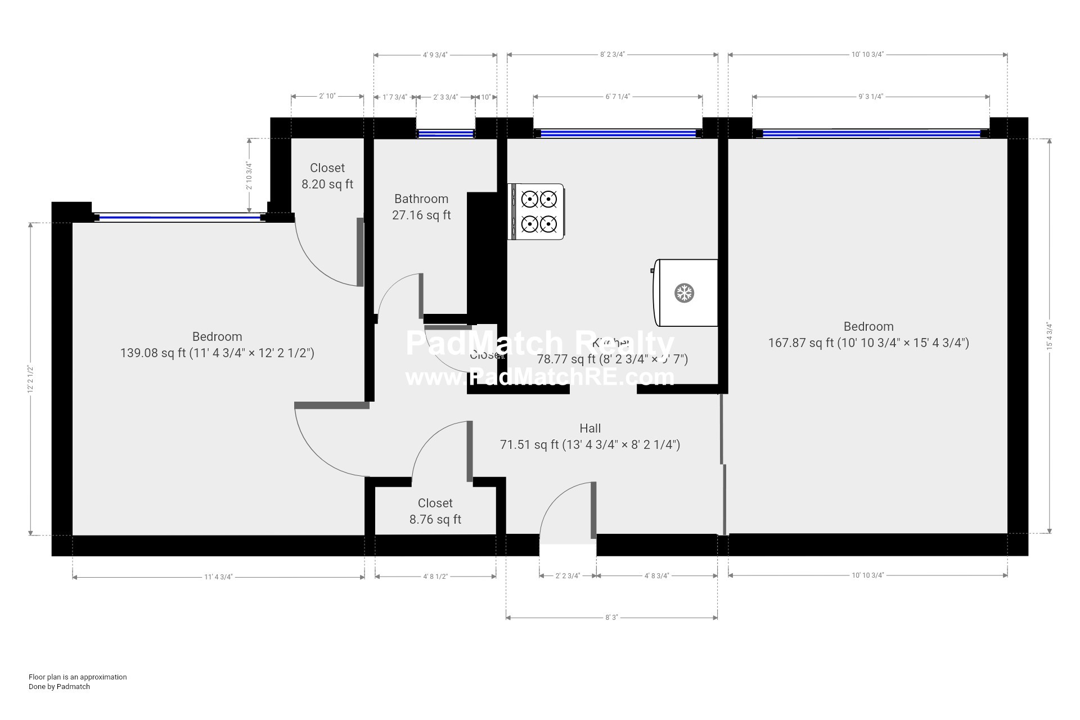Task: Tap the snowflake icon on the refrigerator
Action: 685,293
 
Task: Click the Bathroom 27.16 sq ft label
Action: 421,207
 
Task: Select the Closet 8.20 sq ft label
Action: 327,176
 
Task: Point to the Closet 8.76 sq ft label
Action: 435,511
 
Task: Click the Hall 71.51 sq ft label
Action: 590,436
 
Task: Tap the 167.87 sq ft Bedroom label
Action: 868,335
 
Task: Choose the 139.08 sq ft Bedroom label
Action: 217,345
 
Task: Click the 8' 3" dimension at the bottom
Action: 611,618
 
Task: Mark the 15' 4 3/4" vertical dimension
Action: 1049,336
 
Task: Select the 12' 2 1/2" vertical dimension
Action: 31,379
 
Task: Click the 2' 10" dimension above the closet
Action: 327,96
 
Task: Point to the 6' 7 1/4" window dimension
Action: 618,97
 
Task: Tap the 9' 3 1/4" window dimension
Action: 871,97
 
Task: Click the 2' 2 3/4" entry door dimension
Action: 568,576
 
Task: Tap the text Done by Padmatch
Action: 59,687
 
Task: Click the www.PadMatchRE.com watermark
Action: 540,376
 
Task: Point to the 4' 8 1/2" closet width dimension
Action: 435,577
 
